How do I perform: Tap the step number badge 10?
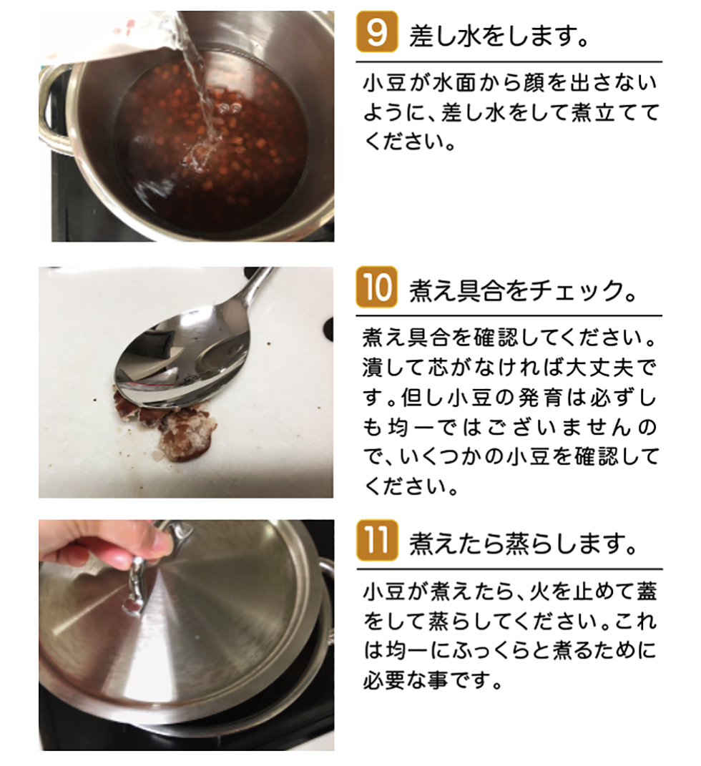(377, 287)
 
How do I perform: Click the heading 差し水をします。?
(499, 34)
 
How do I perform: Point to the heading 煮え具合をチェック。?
(524, 290)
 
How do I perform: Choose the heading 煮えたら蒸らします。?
(524, 544)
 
